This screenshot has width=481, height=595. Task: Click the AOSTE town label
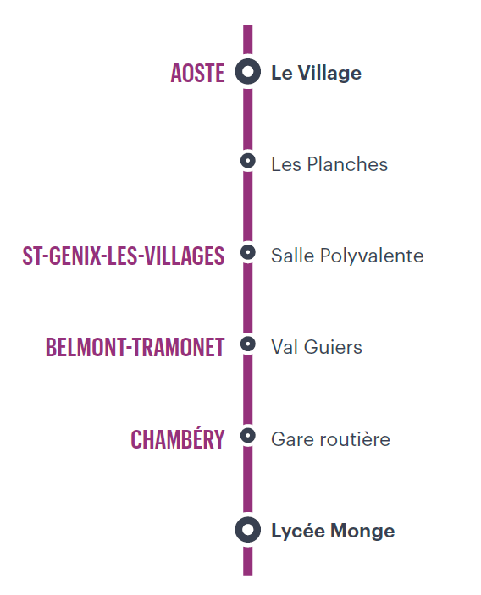197,73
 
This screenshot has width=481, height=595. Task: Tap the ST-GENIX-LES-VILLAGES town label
124,256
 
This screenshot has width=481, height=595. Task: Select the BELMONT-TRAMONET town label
135,347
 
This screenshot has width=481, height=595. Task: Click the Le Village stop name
316,73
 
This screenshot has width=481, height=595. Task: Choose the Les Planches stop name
329,164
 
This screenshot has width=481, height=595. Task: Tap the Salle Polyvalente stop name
347,256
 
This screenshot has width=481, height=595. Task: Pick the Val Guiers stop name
316,347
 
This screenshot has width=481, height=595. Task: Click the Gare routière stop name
330,439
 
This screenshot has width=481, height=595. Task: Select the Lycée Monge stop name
333,531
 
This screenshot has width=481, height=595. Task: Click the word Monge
362,532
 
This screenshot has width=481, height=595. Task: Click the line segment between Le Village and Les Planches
248,118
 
